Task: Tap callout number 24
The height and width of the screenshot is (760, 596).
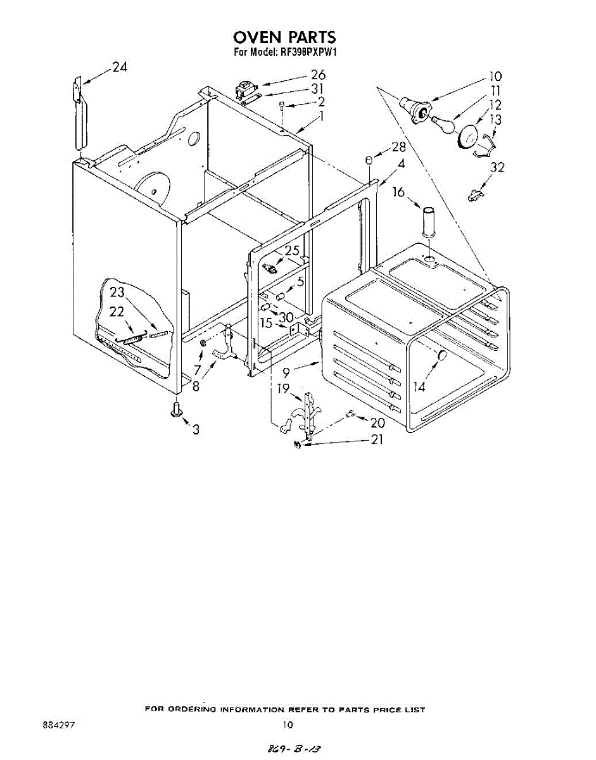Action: pos(120,68)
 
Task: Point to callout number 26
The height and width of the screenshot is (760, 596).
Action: pos(317,75)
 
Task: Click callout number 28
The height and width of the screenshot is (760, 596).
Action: pos(398,148)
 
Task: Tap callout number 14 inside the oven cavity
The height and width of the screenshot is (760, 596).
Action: pos(419,386)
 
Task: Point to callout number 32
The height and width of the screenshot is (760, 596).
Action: pos(497,168)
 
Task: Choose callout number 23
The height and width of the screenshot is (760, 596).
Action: pos(117,292)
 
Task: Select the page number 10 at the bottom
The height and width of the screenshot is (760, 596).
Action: pos(288,725)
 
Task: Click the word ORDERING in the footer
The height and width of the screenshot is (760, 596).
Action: pos(190,709)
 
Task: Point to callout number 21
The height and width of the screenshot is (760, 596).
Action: pos(377,439)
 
